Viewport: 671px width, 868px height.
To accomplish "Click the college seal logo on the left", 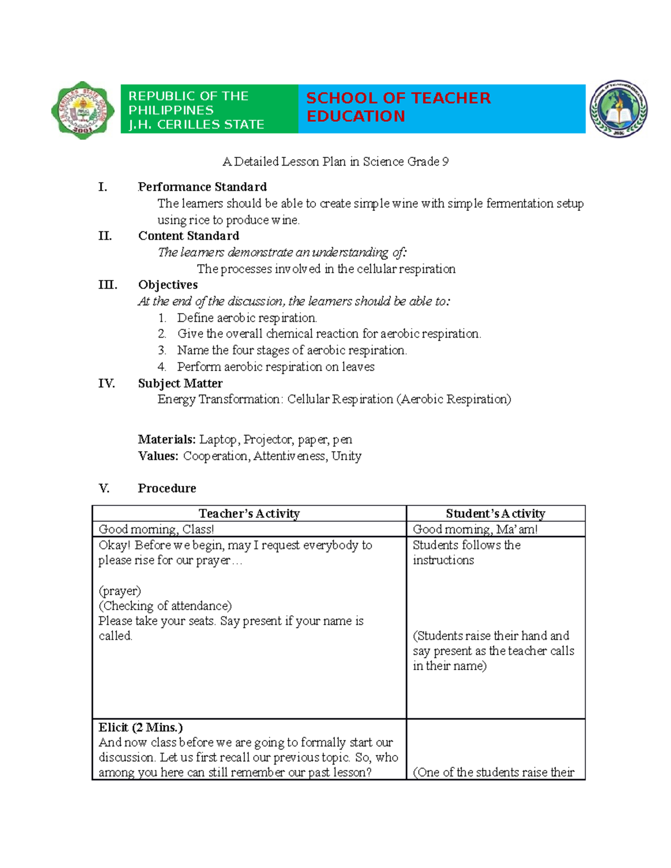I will click(83, 110).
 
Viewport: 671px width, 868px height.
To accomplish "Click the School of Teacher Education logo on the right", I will click(618, 108).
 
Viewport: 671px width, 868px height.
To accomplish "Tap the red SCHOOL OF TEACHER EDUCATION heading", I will click(398, 107).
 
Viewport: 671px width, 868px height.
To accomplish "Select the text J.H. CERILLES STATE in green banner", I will click(196, 125).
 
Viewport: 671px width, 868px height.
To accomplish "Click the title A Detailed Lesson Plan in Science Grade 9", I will click(335, 162).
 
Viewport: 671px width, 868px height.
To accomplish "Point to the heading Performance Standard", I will click(202, 187).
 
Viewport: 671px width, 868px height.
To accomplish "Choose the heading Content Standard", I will click(188, 236).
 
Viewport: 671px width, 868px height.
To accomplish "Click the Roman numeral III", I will click(107, 285).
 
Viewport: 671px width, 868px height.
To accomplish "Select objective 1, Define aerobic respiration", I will click(247, 318).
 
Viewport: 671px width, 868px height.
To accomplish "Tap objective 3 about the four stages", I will click(291, 350).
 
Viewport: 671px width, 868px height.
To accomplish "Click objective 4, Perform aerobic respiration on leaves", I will click(276, 367).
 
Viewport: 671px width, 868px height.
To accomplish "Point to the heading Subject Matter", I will click(180, 383).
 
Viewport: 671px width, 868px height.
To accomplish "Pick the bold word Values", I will click(158, 456).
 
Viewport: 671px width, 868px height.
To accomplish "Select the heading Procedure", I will click(167, 488).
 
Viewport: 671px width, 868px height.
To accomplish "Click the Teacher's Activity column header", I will click(249, 513).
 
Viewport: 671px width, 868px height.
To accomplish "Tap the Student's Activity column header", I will click(495, 513).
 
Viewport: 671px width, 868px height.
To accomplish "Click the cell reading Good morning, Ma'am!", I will click(475, 529).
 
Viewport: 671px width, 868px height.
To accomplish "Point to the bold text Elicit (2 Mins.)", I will click(140, 727).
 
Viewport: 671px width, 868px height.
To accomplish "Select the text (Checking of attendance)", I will click(165, 606).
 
